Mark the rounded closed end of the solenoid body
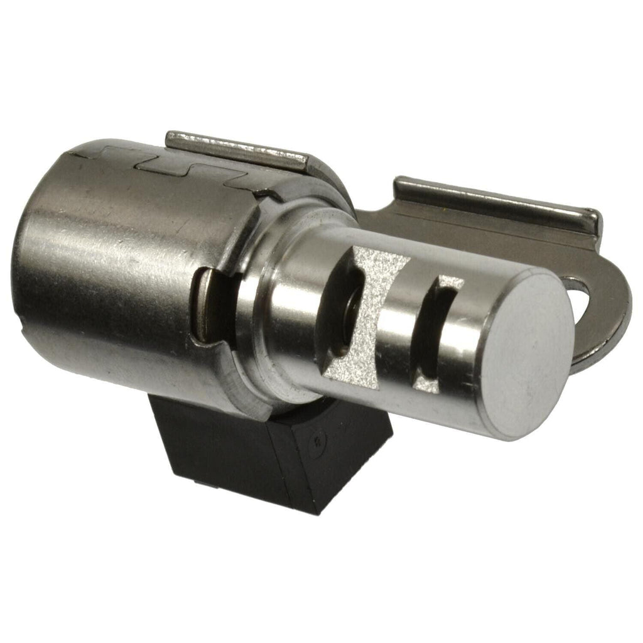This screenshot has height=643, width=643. [31, 264]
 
